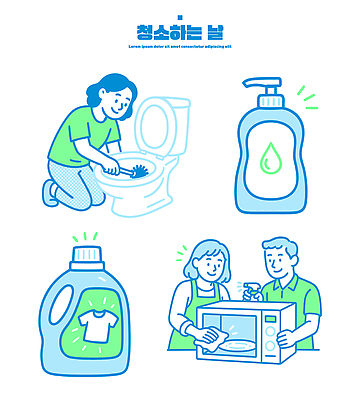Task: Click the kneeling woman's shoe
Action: [x=50, y=190]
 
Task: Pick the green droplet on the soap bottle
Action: [x=271, y=158]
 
